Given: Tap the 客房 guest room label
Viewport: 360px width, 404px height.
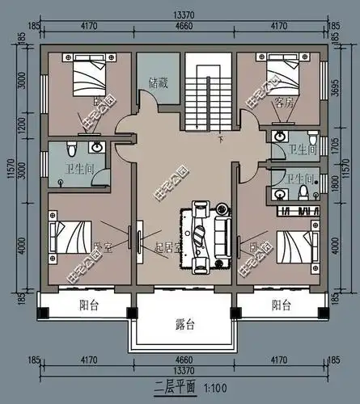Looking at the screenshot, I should (283, 103).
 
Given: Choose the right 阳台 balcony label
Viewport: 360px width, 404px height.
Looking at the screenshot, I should (281, 305).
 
